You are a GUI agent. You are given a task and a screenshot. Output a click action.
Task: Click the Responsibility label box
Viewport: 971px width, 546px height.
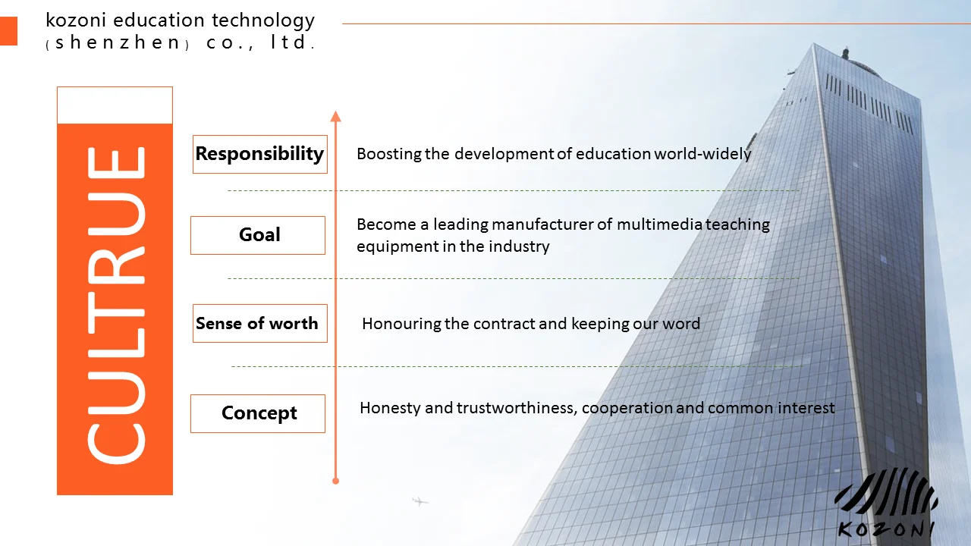[x=260, y=154]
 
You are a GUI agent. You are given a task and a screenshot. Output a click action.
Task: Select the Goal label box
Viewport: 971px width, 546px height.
[x=258, y=235]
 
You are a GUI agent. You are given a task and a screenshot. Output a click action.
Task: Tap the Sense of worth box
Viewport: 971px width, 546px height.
[x=260, y=323]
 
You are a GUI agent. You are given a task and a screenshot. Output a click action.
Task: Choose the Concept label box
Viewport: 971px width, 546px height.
[x=258, y=413]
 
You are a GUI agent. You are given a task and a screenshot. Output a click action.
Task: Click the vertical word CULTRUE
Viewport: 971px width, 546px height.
[x=116, y=306]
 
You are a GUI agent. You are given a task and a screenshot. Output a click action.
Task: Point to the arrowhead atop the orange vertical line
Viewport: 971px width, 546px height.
[x=335, y=116]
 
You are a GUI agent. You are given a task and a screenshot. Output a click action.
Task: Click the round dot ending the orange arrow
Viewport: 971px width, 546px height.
[x=335, y=481]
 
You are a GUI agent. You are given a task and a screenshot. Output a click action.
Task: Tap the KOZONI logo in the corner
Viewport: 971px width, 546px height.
[x=887, y=503]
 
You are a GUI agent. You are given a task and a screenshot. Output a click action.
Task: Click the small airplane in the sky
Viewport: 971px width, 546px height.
[x=420, y=501]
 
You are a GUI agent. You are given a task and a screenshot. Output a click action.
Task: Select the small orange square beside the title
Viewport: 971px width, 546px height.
[x=8, y=31]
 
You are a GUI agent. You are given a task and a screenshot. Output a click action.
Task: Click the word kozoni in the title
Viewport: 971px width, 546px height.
[x=76, y=20]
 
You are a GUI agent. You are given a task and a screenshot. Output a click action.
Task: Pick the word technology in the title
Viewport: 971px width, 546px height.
[x=263, y=21]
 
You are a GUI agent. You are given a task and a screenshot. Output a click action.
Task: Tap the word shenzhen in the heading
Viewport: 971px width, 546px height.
[x=117, y=42]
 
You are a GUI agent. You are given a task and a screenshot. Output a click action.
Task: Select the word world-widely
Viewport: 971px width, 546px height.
[x=702, y=154]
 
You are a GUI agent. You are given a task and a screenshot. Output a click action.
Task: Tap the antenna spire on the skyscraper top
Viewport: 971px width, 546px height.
[x=845, y=53]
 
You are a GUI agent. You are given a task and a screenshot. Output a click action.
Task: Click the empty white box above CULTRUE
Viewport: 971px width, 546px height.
[x=115, y=105]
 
